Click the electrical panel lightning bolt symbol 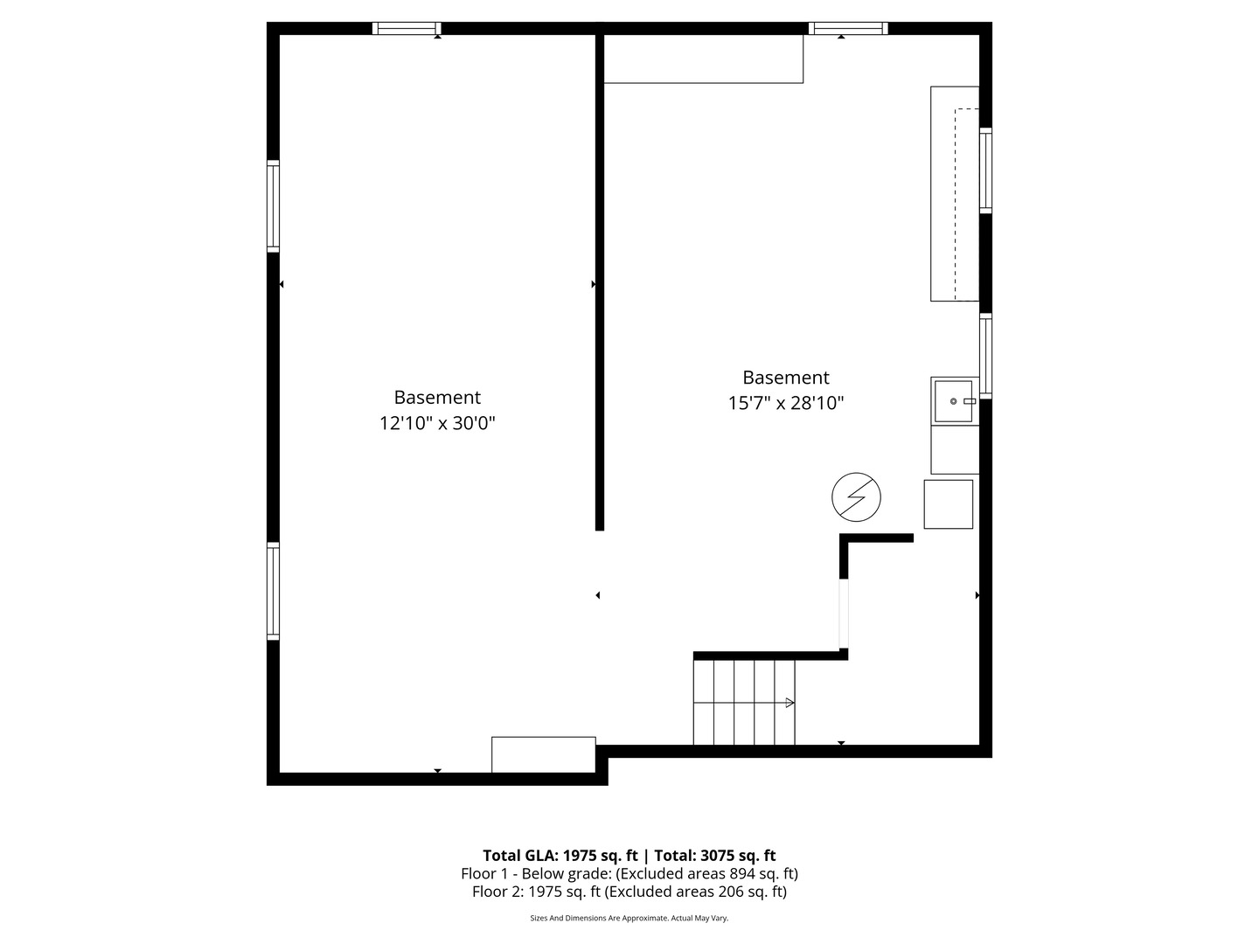point(856,497)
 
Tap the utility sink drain point(953,401)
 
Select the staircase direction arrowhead point(789,703)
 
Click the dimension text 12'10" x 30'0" point(437,424)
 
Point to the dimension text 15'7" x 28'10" point(786,404)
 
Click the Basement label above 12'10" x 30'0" point(437,397)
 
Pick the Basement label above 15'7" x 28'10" point(786,377)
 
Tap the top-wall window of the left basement point(407,28)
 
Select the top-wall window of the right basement point(848,28)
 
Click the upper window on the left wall point(273,206)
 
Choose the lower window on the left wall point(273,591)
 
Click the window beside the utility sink point(985,356)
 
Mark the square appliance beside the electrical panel point(948,504)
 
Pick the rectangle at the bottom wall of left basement point(543,754)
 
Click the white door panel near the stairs point(844,614)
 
